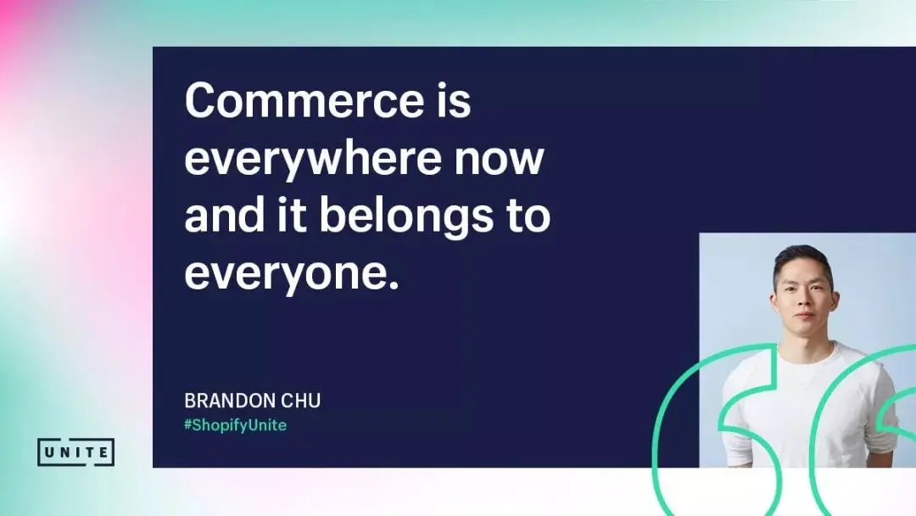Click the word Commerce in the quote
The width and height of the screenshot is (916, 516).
(x=304, y=100)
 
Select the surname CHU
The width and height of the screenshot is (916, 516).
(x=301, y=401)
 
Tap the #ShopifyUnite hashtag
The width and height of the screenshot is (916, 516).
(x=236, y=425)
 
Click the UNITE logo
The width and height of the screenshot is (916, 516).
(x=76, y=452)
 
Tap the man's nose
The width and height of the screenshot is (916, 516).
(x=804, y=300)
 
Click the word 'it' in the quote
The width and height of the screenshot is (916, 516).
(x=292, y=215)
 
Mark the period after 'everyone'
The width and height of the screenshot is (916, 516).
(x=394, y=286)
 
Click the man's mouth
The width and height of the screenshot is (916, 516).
(x=804, y=317)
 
